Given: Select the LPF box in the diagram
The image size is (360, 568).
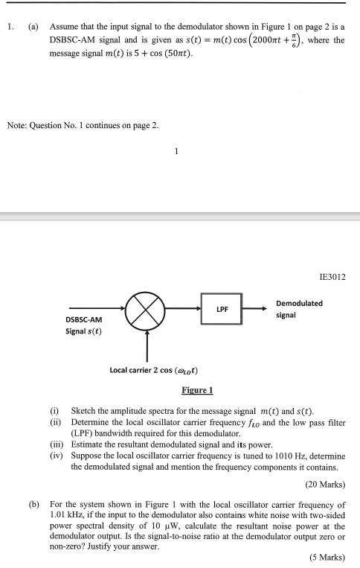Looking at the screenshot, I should click(x=221, y=308).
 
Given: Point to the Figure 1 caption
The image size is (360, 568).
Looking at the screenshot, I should click(x=197, y=390).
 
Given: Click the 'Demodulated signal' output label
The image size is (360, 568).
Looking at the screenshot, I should click(x=299, y=309).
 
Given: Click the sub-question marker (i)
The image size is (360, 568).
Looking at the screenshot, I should click(x=54, y=411).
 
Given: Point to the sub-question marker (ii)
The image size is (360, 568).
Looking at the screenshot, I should click(x=54, y=421).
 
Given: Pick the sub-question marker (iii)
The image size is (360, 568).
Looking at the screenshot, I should click(x=55, y=444).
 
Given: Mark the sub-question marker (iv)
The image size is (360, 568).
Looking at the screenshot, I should click(x=55, y=455).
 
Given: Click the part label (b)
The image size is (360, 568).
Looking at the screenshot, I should click(x=34, y=504).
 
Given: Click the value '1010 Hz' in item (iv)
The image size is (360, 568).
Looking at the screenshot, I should click(x=272, y=455).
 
